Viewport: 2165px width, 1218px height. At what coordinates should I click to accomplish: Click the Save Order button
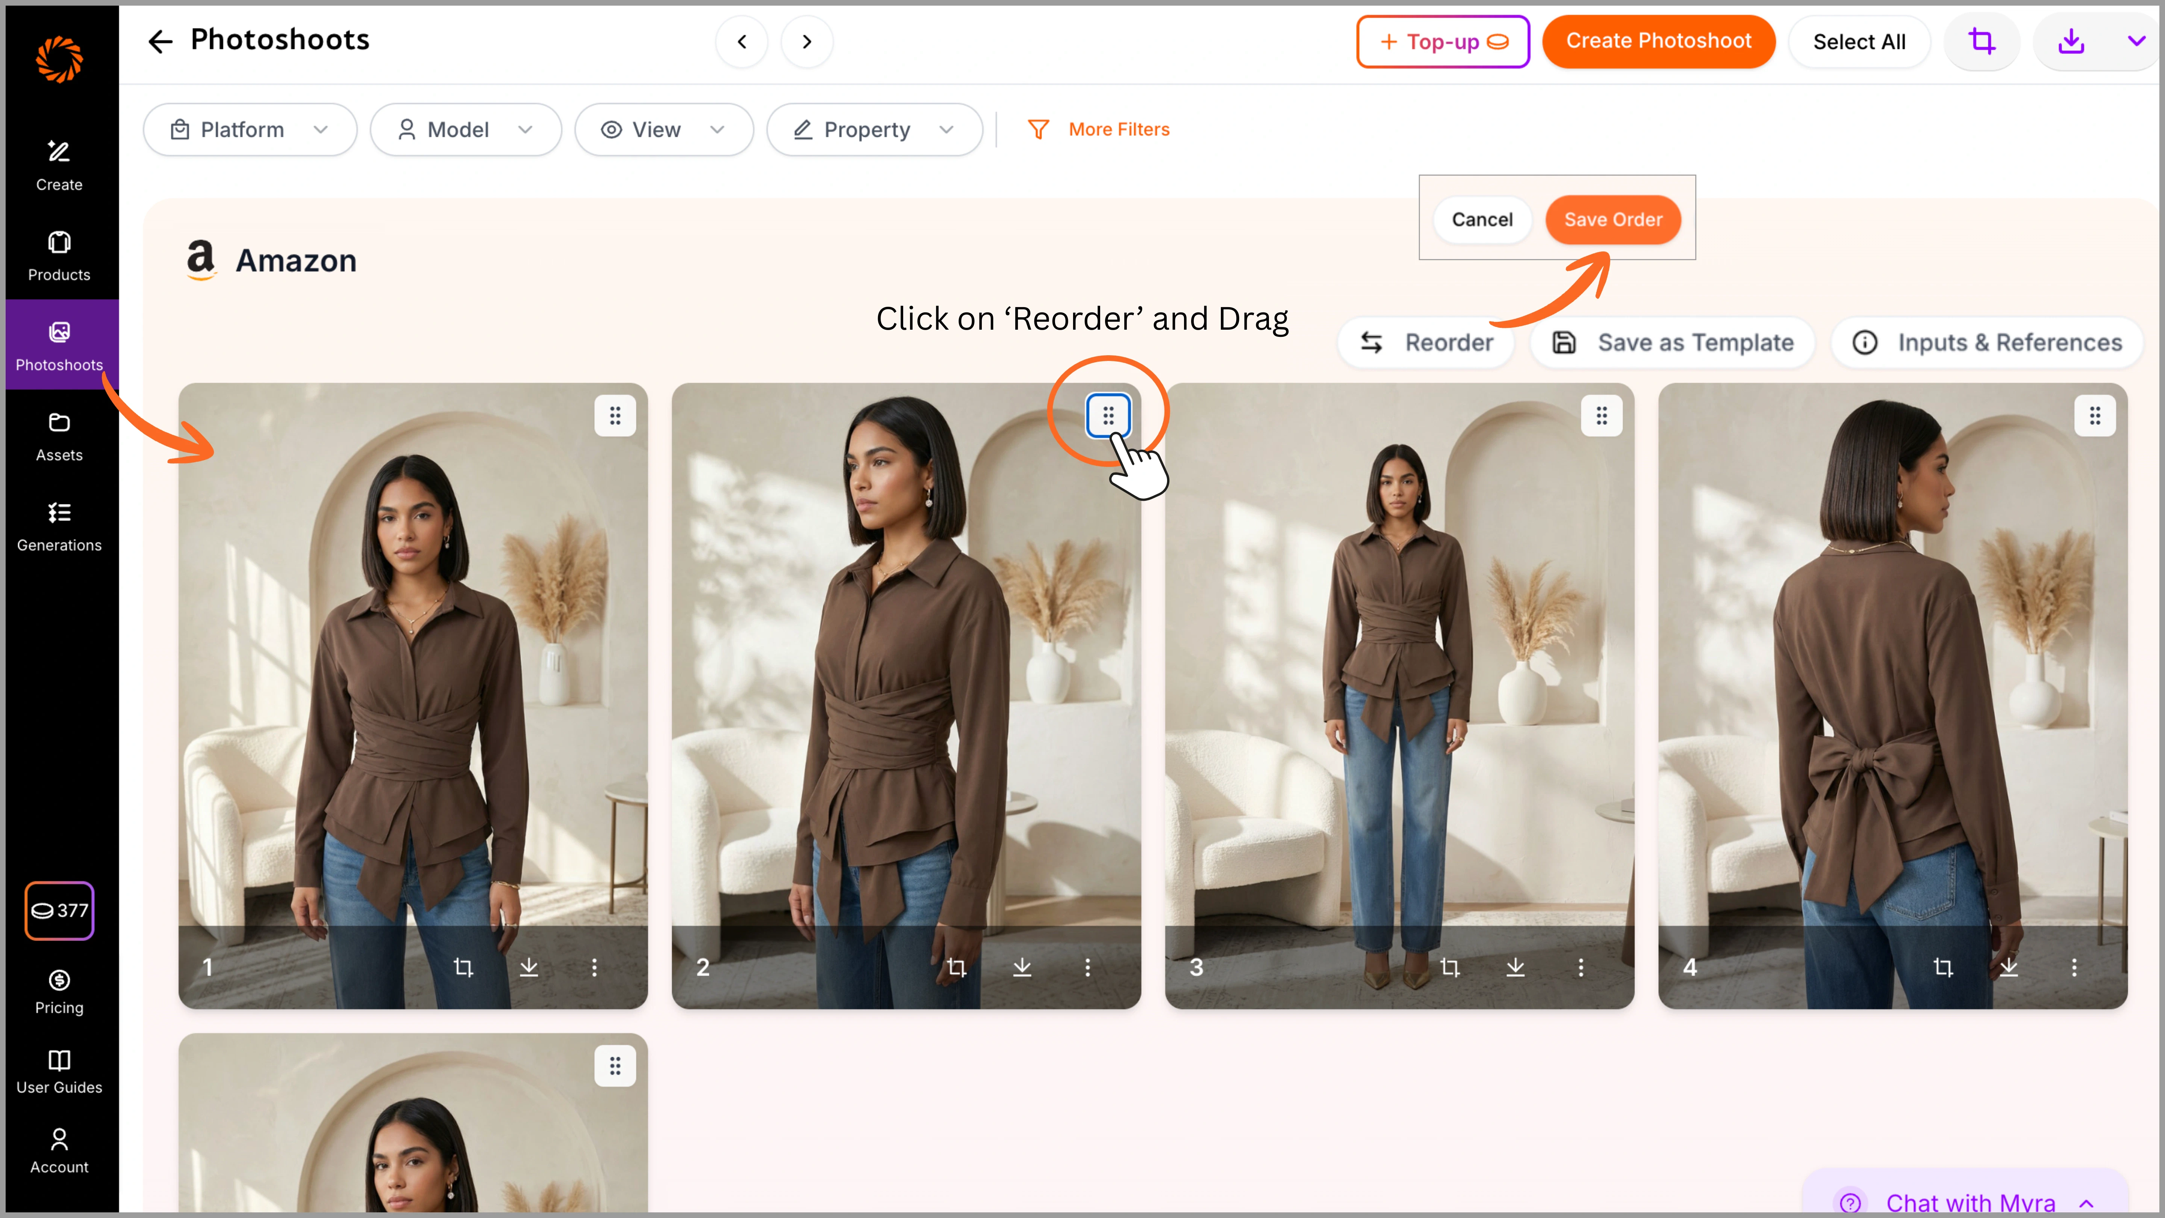pyautogui.click(x=1613, y=220)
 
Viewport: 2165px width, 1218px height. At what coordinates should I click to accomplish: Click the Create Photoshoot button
pyautogui.click(x=1658, y=41)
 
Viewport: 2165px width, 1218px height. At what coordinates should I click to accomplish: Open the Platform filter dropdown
pyautogui.click(x=250, y=129)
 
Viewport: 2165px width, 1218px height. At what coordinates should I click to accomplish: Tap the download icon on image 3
pyautogui.click(x=1514, y=968)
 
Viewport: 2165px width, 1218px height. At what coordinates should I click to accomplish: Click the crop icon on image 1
pyautogui.click(x=463, y=968)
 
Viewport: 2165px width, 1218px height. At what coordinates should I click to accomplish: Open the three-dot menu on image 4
pyautogui.click(x=2073, y=968)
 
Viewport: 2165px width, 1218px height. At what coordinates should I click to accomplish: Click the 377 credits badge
pyautogui.click(x=59, y=910)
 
